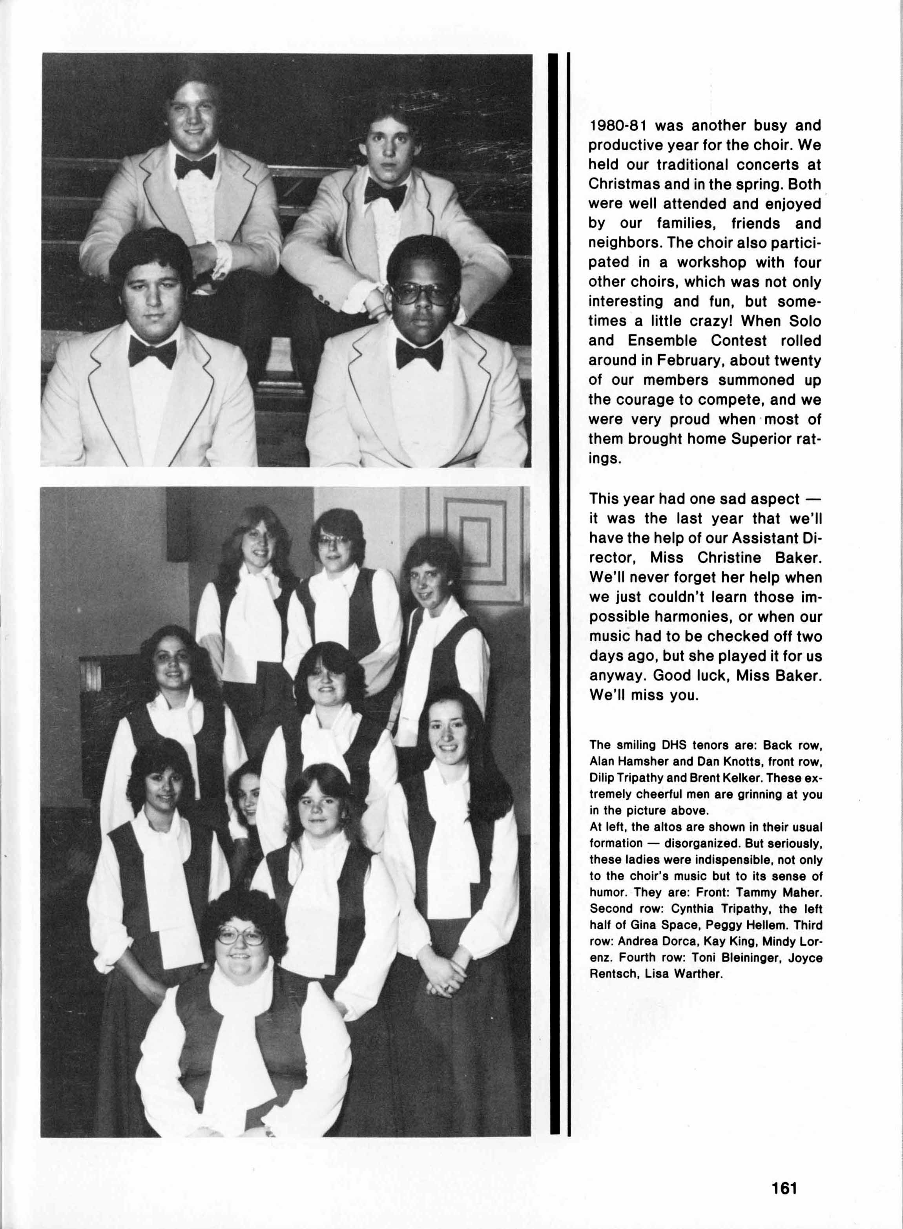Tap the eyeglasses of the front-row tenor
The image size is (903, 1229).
pyautogui.click(x=421, y=294)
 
